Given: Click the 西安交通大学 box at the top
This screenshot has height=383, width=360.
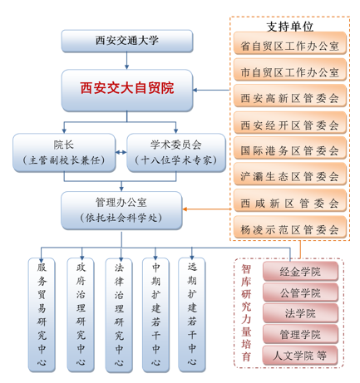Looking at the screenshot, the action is tap(127, 41).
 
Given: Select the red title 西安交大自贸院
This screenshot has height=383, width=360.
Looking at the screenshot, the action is tap(127, 88).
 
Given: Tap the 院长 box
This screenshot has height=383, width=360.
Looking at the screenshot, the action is tap(64, 153).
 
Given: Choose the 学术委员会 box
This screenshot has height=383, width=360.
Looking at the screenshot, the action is tap(176, 153).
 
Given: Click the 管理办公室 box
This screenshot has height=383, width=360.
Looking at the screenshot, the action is tap(121, 210).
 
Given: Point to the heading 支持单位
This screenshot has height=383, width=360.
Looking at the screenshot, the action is tap(290, 27).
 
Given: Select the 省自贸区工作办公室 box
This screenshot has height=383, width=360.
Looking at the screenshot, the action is tap(290, 43).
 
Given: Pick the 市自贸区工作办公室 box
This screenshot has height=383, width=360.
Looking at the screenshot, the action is tap(290, 70).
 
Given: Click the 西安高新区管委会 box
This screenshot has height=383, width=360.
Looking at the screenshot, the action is tap(290, 96).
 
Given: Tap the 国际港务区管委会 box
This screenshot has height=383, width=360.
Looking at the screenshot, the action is tap(290, 148).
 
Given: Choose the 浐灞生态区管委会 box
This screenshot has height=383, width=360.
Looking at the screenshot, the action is tap(290, 174).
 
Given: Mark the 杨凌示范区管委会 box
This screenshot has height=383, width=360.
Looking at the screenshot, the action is tap(290, 228).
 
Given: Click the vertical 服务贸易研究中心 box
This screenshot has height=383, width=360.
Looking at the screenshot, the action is tap(42, 315).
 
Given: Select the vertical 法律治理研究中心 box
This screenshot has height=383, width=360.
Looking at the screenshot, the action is tap(119, 315).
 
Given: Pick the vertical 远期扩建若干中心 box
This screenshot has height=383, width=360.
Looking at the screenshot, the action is tap(192, 315).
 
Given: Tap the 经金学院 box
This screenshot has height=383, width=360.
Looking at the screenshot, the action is tap(300, 272).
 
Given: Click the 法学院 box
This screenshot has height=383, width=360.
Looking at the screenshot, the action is tap(300, 313).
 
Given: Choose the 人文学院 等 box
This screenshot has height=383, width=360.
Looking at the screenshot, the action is tap(300, 356).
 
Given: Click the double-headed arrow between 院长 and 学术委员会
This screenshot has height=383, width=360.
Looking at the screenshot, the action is tap(121, 152).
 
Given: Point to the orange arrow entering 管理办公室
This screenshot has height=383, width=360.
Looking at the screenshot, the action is tap(207, 209).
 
